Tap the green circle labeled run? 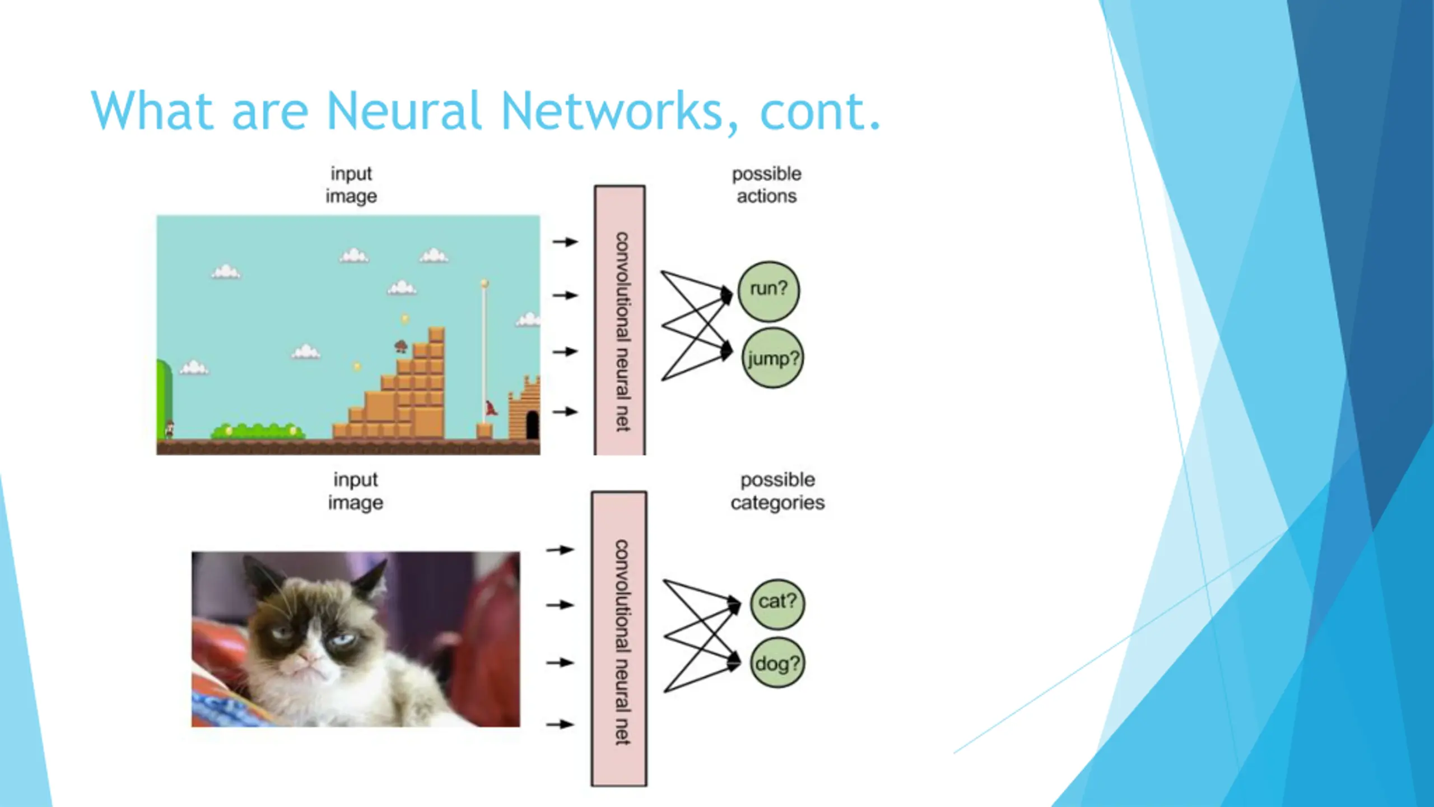(x=769, y=291)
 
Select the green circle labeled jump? (x=772, y=358)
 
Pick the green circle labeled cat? (x=777, y=604)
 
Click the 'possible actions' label (x=767, y=185)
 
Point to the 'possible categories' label (x=777, y=491)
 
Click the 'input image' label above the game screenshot (x=351, y=185)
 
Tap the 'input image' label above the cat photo (x=356, y=491)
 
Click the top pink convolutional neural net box (x=620, y=320)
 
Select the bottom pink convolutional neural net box (x=619, y=639)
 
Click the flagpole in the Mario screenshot (x=485, y=353)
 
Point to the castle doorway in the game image (x=532, y=425)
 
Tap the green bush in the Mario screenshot (x=258, y=431)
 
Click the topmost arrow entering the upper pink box (x=565, y=242)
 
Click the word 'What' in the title (x=151, y=110)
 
